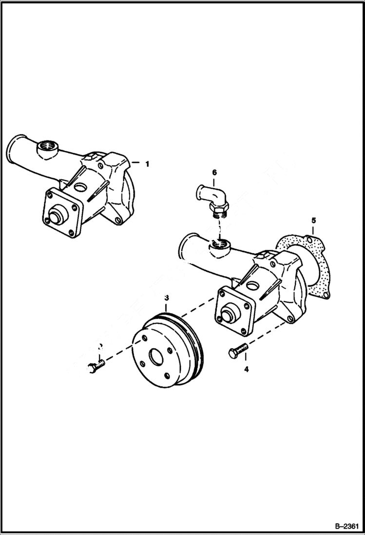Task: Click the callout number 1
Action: [x=147, y=164]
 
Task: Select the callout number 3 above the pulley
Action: [x=167, y=297]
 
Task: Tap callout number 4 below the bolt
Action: [x=247, y=370]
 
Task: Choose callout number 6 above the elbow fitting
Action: [x=214, y=172]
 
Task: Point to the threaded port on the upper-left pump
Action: [x=48, y=146]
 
